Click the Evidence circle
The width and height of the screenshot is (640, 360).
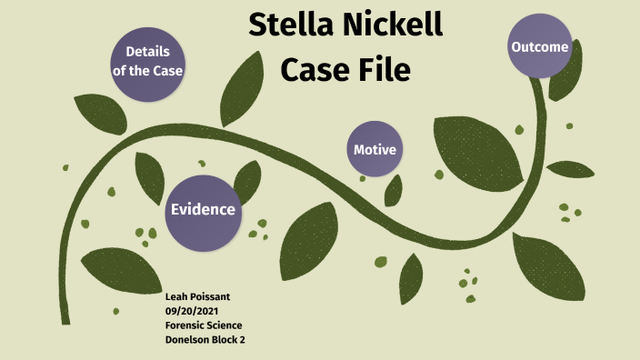203,210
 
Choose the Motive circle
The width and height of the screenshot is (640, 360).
375,149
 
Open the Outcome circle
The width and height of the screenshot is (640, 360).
539,47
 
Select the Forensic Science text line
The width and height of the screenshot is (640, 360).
204,325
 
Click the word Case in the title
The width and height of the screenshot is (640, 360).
314,67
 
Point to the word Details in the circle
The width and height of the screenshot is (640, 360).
147,51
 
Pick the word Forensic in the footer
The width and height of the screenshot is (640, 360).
184,325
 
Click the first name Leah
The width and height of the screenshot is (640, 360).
176,297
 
